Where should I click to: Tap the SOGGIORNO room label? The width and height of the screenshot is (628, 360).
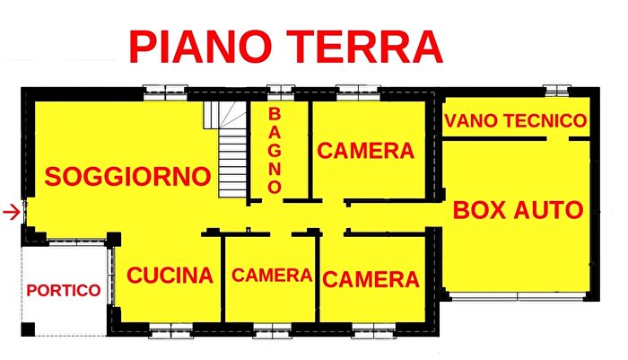click(x=127, y=176)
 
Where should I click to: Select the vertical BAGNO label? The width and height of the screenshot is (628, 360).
click(x=275, y=151)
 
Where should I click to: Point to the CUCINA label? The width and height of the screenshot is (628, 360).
click(x=170, y=275)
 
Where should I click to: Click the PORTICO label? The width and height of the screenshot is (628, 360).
click(x=62, y=290)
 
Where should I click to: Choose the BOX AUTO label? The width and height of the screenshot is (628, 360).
click(x=519, y=210)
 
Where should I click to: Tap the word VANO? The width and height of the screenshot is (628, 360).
click(x=474, y=120)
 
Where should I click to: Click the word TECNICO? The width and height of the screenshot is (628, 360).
click(x=546, y=120)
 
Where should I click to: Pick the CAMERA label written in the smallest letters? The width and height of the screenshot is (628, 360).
click(x=272, y=276)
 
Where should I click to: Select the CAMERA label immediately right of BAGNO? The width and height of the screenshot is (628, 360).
click(x=366, y=151)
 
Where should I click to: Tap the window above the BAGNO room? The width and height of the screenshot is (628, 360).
click(x=281, y=90)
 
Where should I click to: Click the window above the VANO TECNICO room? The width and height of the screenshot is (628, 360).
click(x=556, y=90)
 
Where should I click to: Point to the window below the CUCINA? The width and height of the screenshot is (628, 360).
click(x=170, y=331)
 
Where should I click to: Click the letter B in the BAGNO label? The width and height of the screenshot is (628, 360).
click(x=275, y=114)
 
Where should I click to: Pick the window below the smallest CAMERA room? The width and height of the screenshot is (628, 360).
click(x=273, y=331)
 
